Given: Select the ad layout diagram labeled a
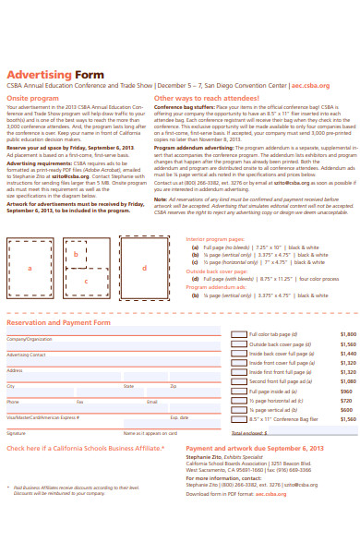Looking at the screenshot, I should click(30, 268).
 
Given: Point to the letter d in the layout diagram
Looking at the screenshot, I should click(145, 267).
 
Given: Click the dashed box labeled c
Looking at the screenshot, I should click(86, 282).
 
